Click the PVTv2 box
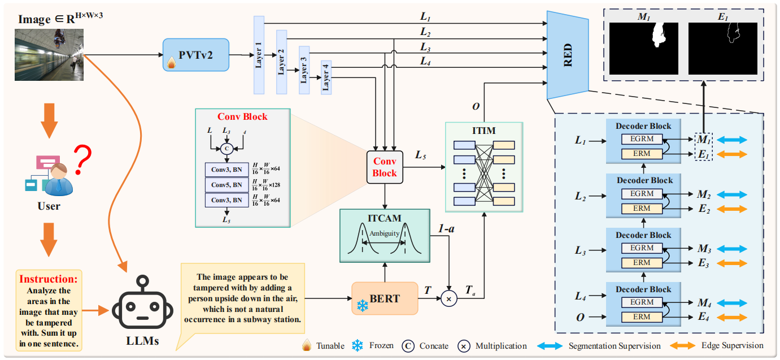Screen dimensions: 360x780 click(196, 54)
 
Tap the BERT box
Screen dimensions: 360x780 click(385, 298)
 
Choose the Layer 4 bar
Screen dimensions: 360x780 click(326, 76)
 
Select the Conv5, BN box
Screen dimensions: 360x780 click(226, 185)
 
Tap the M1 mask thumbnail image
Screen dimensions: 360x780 click(643, 49)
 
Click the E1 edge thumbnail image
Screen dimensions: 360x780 click(722, 49)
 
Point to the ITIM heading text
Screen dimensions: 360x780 click(483, 131)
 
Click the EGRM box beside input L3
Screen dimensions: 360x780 click(642, 248)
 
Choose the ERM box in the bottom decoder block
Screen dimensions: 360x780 click(642, 317)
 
